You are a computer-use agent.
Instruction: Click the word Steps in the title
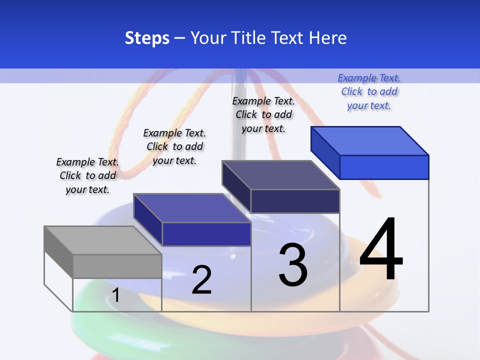pos(147,38)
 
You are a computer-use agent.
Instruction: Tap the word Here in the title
pos(328,38)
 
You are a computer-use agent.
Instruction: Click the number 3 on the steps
pos(293,265)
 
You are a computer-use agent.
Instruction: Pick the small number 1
pos(116,295)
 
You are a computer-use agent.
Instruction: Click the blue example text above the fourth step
pos(369,91)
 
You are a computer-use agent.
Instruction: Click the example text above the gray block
pos(87,175)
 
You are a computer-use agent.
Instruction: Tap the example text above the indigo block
pos(174,146)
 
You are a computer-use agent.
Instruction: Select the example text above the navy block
pos(263,114)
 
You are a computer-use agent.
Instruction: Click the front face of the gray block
pos(117,266)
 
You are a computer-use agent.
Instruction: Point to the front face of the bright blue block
pos(384,167)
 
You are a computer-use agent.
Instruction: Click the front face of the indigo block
pos(206,234)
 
